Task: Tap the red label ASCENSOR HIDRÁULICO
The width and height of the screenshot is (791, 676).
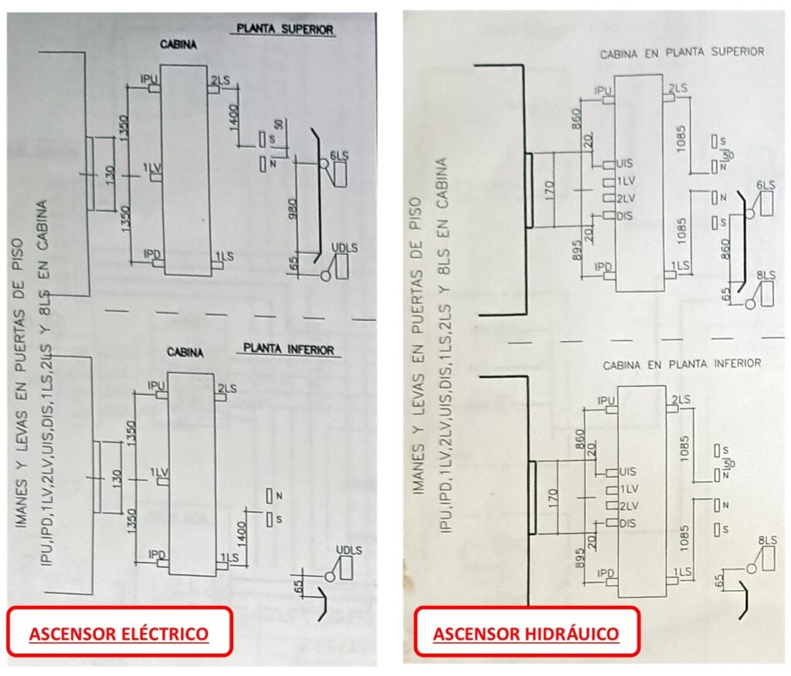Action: point(526,634)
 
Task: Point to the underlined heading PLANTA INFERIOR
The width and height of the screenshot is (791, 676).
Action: point(289,350)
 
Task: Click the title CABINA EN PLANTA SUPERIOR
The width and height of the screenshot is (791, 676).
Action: point(682,52)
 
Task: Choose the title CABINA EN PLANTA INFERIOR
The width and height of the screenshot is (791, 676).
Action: point(682,363)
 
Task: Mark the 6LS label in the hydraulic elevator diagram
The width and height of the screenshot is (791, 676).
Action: point(766,185)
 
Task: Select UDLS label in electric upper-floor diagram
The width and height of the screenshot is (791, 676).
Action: point(339,247)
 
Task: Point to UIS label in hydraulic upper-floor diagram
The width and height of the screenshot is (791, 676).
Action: point(626,164)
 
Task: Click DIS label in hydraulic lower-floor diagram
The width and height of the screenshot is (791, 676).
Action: point(626,523)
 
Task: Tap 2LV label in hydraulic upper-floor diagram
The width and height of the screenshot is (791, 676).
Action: point(626,198)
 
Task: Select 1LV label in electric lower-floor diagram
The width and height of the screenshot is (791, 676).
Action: point(159,472)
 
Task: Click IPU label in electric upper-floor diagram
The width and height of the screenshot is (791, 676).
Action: point(149,79)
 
